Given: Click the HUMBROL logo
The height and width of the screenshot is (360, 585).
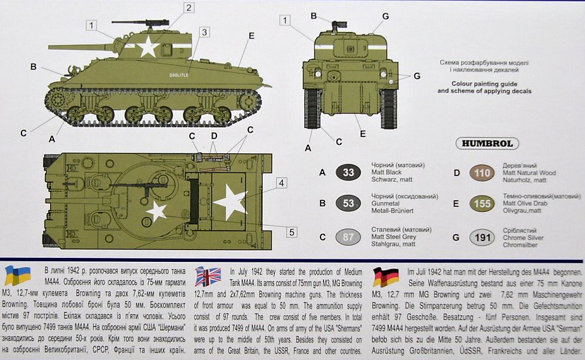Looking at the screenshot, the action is [x=487, y=144].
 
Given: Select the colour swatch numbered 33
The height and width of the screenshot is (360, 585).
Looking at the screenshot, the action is [x=348, y=172].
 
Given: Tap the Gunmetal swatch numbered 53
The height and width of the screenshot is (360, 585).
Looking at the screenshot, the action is [x=348, y=203].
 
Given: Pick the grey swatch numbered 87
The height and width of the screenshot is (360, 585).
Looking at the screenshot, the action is [x=348, y=237].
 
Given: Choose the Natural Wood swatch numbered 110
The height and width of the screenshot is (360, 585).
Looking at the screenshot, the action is [x=482, y=173].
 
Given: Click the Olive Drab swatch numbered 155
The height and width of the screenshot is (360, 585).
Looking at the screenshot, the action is [x=482, y=203].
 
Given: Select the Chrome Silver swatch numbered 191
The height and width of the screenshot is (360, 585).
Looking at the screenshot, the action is [x=482, y=238].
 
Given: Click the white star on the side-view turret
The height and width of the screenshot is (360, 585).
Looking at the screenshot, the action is [x=148, y=46].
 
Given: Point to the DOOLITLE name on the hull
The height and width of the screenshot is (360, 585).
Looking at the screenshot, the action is [x=179, y=75].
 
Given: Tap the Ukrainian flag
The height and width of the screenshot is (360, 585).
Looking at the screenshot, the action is [x=17, y=276].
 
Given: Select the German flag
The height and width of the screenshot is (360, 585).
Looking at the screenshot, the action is [x=385, y=277].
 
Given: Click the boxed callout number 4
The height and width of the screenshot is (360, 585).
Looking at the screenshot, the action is [x=281, y=183].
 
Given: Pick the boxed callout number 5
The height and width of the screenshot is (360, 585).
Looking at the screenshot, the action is [x=291, y=233].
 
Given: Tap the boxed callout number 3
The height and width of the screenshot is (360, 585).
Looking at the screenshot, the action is [x=204, y=32].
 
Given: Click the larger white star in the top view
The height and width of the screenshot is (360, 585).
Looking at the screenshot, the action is [x=230, y=202].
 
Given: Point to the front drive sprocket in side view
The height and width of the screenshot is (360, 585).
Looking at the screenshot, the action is [x=57, y=100].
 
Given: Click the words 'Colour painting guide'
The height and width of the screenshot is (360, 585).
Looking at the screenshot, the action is [x=484, y=84].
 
